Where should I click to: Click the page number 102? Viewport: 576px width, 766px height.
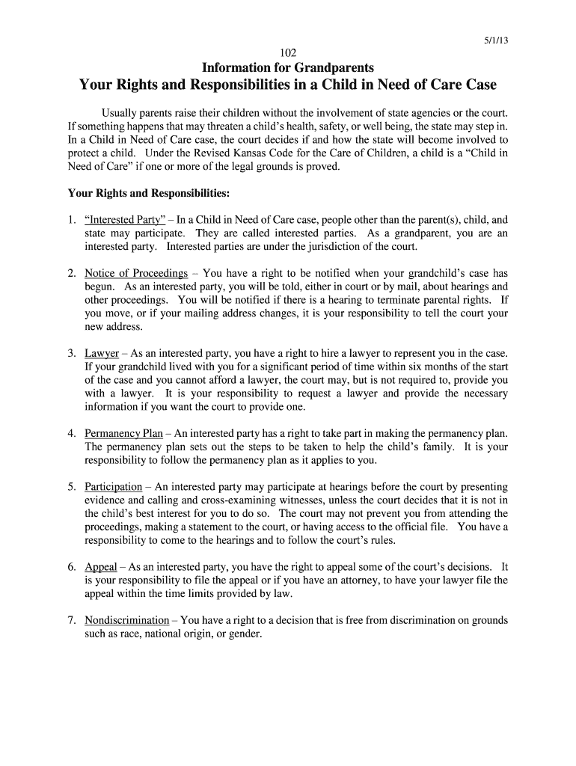point(288,52)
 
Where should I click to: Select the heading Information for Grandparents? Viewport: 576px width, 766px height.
point(288,67)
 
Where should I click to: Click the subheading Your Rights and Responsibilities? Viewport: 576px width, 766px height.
point(148,193)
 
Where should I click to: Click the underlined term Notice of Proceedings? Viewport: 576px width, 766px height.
point(136,273)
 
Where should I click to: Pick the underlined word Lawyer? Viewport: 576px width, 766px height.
point(102,353)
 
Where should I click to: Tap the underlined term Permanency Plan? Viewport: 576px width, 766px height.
point(123,433)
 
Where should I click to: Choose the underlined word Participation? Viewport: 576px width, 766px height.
point(113,486)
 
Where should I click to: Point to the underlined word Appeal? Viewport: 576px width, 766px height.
point(101,567)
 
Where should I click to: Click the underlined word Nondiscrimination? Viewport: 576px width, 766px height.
point(127,620)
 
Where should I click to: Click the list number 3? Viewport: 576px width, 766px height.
point(71,353)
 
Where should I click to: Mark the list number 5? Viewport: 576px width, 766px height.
point(71,486)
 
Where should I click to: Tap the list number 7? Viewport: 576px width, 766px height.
point(71,620)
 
